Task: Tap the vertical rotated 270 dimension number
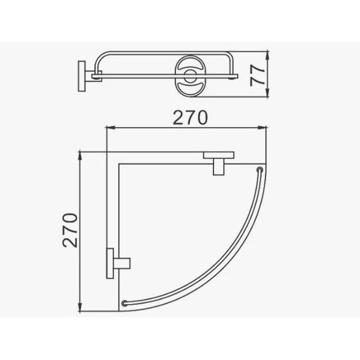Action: (71, 231)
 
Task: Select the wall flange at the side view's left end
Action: (82, 76)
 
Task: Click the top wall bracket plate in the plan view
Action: (219, 156)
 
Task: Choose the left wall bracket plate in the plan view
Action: (109, 263)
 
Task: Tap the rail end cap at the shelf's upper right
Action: (260, 170)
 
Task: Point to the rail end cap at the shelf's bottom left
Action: (125, 303)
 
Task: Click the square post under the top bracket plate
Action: (219, 167)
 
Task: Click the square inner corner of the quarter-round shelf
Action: (119, 165)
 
